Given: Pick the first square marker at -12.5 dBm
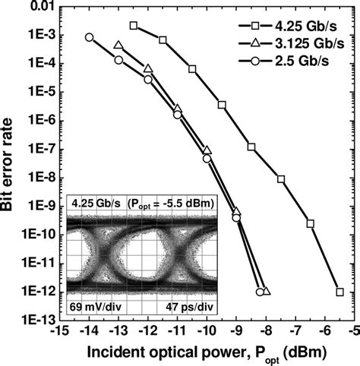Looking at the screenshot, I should (x=134, y=26).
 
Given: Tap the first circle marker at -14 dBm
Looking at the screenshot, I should (x=90, y=37).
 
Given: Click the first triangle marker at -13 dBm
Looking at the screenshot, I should (x=118, y=46).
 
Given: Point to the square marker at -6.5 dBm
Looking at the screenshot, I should (x=310, y=223).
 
